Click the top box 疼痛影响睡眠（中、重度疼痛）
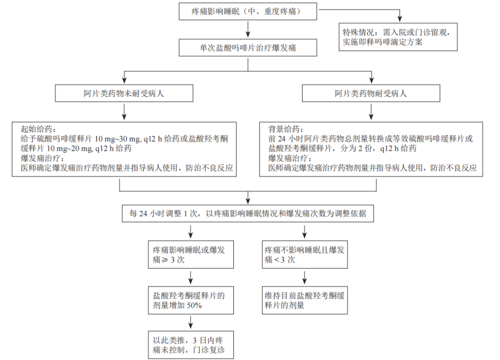point(248,11)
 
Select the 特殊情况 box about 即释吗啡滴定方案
point(398,37)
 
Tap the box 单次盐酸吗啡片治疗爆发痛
point(248,48)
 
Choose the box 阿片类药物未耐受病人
point(124,93)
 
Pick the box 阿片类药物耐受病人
point(371,93)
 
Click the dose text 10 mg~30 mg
point(116,139)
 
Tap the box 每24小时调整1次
point(248,214)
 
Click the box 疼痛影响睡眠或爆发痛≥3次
point(190,254)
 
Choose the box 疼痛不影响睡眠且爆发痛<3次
point(304,254)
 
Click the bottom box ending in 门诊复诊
point(190,345)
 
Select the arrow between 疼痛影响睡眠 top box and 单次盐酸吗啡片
point(248,30)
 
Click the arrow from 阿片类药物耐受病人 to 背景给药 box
point(371,112)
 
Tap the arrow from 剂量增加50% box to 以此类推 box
point(190,322)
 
